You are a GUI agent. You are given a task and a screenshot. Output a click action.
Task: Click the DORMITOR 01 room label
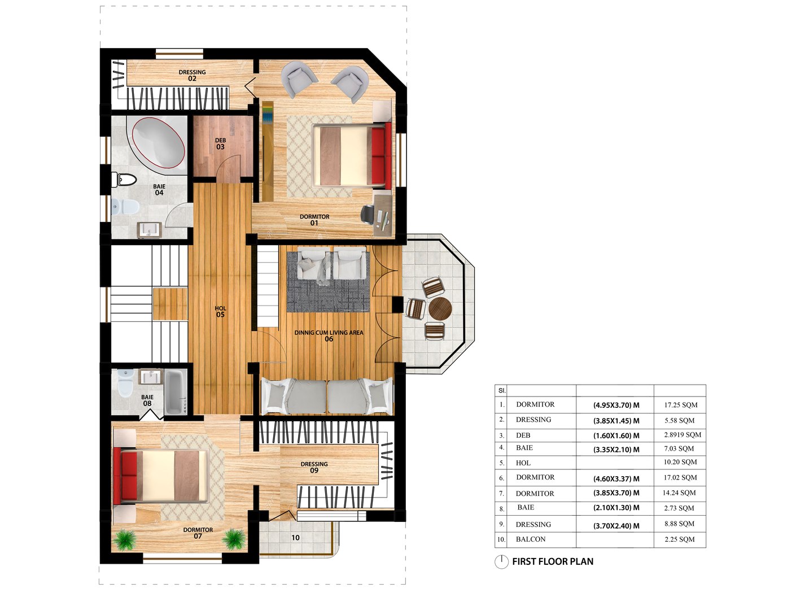tap(314, 220)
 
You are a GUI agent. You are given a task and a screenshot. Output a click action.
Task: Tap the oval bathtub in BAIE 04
tap(159, 143)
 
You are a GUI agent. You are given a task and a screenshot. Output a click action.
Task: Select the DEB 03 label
tap(220, 143)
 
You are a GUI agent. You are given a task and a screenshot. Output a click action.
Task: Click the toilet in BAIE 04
tap(125, 180)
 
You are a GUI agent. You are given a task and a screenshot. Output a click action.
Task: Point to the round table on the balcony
tap(440, 308)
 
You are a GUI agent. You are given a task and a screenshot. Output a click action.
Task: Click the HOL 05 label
tap(220, 311)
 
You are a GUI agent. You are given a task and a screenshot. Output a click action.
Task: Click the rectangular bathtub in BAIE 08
tap(176, 392)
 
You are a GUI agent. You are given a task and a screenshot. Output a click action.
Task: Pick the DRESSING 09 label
tap(314, 467)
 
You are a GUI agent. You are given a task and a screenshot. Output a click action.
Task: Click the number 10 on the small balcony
tap(295, 538)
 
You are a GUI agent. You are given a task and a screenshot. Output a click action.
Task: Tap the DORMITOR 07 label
tap(198, 533)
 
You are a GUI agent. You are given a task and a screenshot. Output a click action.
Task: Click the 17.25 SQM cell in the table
tap(680, 405)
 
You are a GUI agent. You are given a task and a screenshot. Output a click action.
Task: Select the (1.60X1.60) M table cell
tap(616, 435)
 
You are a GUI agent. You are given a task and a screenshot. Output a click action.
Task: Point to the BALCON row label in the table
tap(531, 539)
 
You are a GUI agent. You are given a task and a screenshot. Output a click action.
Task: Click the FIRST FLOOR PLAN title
tap(552, 561)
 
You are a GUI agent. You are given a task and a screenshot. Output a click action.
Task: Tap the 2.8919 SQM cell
tap(682, 435)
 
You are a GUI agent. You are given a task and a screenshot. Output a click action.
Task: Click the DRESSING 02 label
tap(192, 75)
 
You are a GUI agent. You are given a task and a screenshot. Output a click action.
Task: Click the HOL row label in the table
tap(523, 463)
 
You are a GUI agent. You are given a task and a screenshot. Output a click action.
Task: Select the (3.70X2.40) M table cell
tap(616, 526)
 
